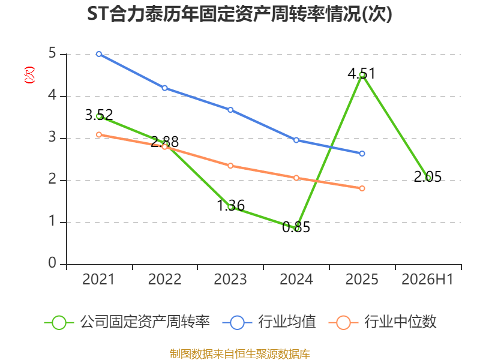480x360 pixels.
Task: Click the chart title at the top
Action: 239,14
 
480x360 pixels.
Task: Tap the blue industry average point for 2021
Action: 99,54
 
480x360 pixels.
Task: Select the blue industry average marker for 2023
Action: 230,110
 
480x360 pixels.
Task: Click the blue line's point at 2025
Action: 362,154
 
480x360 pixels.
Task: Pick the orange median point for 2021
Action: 99,134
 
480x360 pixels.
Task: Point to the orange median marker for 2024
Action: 296,178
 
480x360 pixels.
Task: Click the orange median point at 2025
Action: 362,188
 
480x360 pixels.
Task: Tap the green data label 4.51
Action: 361,73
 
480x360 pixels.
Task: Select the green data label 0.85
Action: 296,227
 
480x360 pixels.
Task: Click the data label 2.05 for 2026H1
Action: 428,176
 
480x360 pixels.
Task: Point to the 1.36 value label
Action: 230,205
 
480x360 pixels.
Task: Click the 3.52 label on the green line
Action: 99,115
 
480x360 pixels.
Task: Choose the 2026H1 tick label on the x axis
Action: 427,279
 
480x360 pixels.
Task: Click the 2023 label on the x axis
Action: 230,279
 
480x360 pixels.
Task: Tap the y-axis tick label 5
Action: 52,53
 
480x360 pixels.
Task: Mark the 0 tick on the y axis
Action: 52,263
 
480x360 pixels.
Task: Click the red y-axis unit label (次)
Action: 29,75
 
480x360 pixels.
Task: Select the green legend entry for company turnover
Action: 127,322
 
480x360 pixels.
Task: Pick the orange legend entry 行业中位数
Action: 382,322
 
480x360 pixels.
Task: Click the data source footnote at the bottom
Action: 240,354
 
